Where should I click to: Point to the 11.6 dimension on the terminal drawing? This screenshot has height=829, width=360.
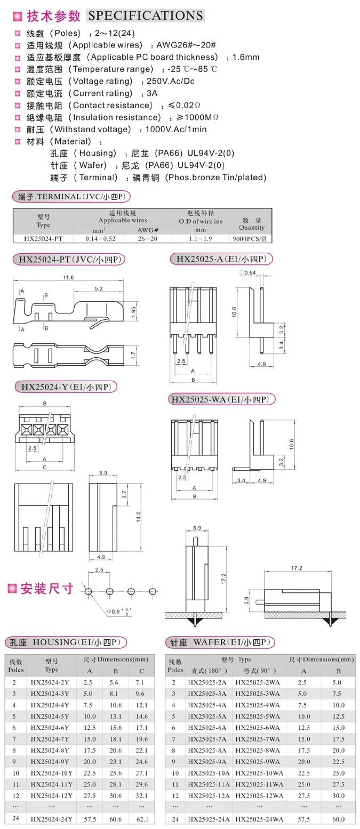pos(68,278)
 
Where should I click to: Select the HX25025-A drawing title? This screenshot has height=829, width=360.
pos(221,259)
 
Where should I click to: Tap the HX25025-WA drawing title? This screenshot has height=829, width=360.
pos(222,399)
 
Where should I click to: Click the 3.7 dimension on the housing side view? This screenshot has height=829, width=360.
pos(124,495)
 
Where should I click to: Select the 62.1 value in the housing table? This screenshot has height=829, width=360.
pos(141,819)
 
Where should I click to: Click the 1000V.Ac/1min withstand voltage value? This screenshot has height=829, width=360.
pos(173,130)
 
